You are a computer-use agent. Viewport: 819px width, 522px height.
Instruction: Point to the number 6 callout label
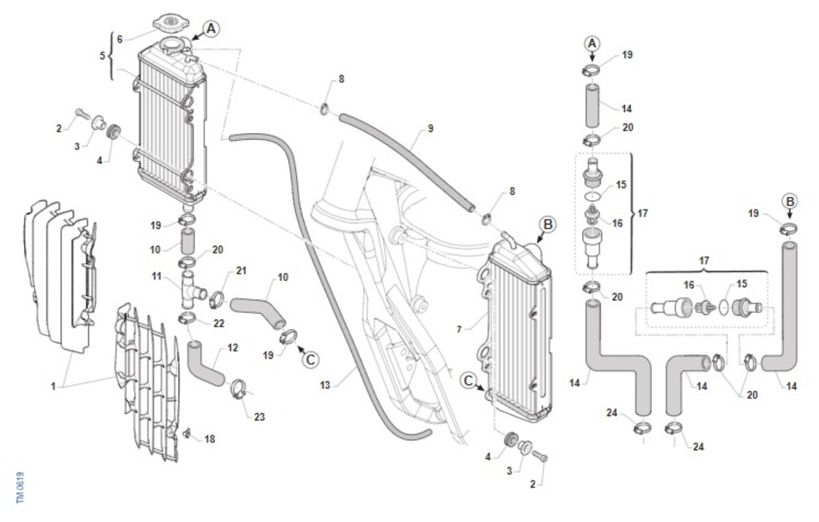tap(120, 39)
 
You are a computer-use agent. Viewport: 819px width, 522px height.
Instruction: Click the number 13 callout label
tap(325, 386)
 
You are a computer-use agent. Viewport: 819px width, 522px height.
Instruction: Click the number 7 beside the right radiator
tap(459, 329)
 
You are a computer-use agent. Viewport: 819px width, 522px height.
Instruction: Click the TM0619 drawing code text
tap(20, 489)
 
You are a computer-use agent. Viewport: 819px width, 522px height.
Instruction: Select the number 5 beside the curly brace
tap(102, 55)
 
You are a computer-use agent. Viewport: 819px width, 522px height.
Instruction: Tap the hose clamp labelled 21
tap(218, 298)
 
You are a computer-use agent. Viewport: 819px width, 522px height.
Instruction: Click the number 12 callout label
tap(233, 348)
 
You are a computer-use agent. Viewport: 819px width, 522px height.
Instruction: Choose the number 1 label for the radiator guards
tap(53, 386)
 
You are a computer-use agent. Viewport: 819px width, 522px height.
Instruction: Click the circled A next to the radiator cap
tap(211, 28)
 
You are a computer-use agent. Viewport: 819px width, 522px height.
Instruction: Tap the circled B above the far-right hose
tap(790, 201)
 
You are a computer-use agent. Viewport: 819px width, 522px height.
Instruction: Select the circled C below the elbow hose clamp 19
tap(310, 360)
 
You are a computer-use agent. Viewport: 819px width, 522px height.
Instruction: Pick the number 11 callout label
tap(157, 277)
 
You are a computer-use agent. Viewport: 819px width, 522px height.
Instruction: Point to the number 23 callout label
tap(259, 417)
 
